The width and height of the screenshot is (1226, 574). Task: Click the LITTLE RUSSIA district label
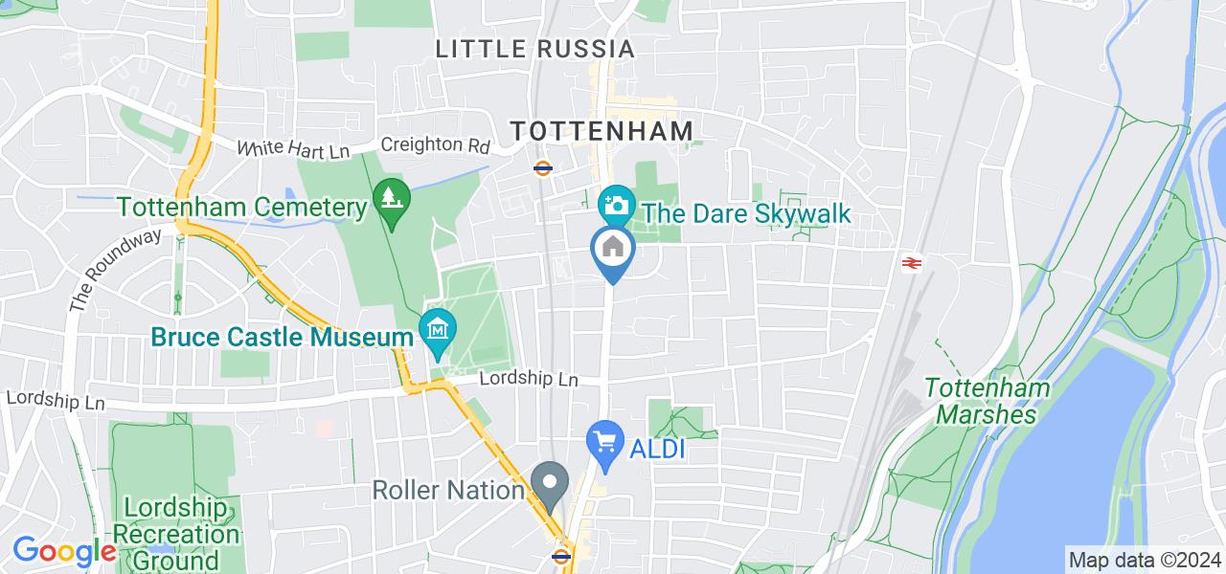[x=534, y=49]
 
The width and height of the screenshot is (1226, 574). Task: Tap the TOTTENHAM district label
[x=601, y=131]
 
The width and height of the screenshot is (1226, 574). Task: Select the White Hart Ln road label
[x=293, y=149]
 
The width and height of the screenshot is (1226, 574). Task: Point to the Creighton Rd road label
[x=435, y=145]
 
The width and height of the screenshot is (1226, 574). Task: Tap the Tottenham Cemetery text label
[x=242, y=207]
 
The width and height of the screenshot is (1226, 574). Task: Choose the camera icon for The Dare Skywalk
[x=616, y=204]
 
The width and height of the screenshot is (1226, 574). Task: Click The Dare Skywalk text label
[x=746, y=212]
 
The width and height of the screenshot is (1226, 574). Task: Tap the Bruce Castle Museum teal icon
[x=438, y=329]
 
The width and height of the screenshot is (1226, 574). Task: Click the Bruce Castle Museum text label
[x=282, y=338]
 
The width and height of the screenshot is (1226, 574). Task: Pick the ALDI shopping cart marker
[x=604, y=442]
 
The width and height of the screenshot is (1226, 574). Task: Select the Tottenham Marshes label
[x=987, y=401]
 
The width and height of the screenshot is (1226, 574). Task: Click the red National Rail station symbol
[x=911, y=262]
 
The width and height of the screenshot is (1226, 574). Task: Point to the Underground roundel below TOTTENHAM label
[x=542, y=168]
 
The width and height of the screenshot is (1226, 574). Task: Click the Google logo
[x=63, y=552]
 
